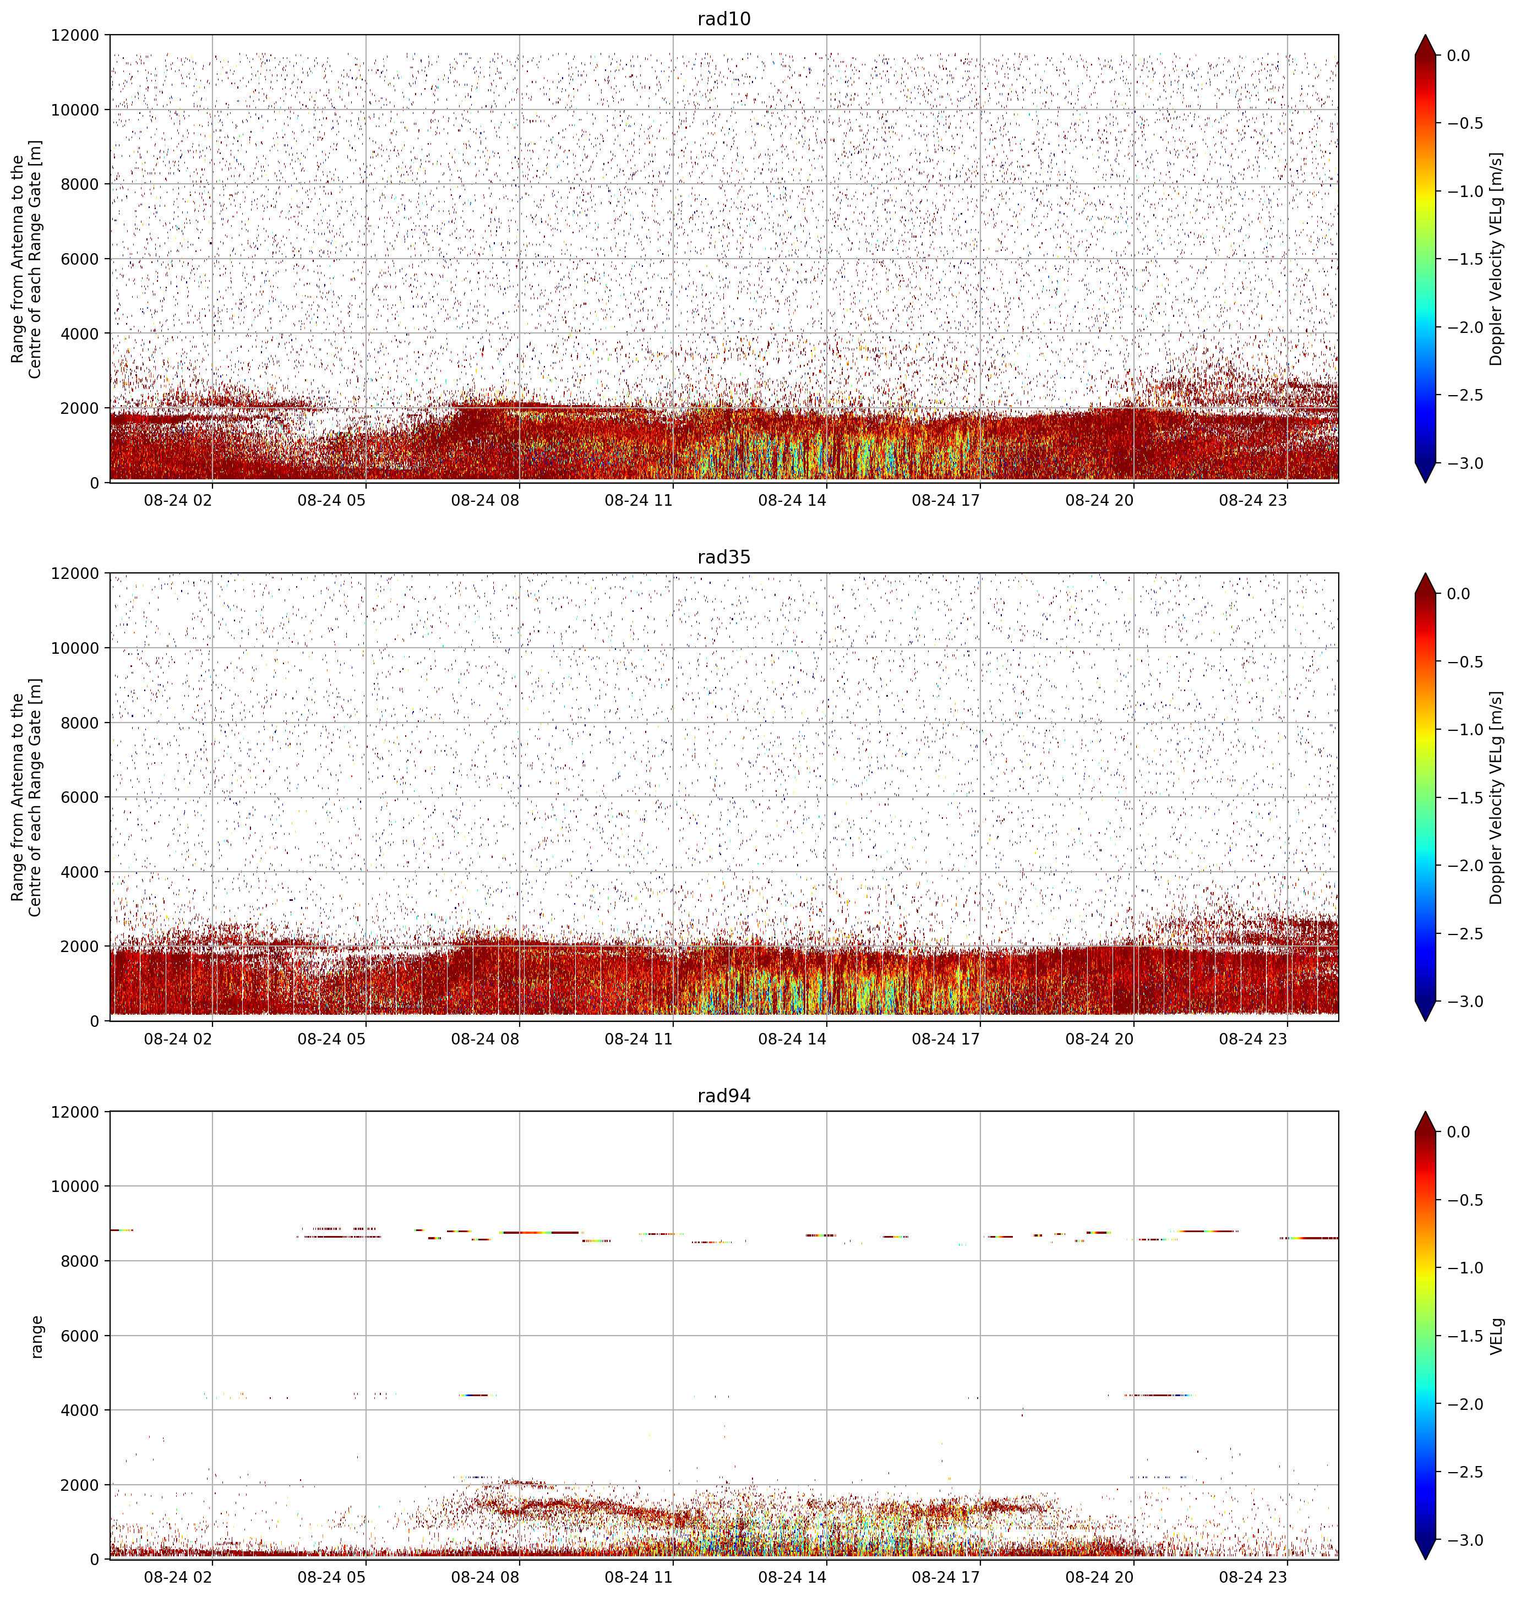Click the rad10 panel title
coord(723,19)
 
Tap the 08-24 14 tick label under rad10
coord(792,500)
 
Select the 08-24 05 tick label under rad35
coord(331,1039)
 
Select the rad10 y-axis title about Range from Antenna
coord(26,259)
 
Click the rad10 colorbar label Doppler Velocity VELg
coord(1496,259)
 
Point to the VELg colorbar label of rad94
coord(1496,1336)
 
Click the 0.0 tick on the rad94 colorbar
coord(1459,1132)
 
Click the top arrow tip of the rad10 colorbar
coord(1426,35)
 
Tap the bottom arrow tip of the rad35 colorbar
coord(1426,1021)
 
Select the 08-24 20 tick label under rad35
coord(1099,1039)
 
